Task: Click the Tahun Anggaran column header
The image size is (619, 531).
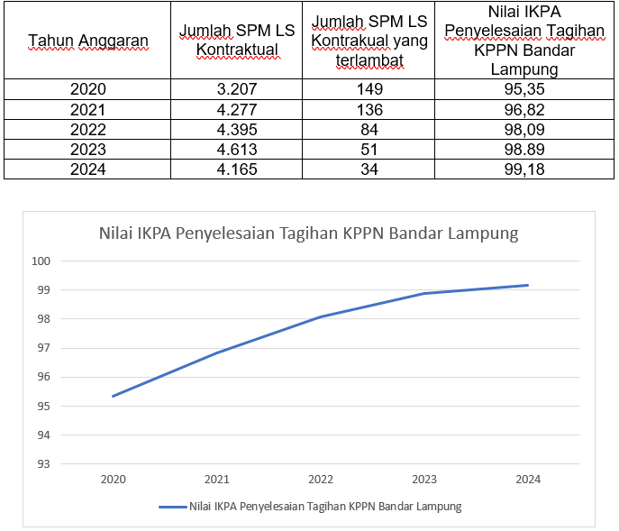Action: coord(87,41)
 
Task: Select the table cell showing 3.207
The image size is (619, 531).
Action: coord(238,89)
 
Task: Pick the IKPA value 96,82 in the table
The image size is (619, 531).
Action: coord(524,110)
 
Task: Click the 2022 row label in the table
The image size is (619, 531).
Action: coord(87,130)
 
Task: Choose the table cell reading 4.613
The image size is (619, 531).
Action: coord(238,150)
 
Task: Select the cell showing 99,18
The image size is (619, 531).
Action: coord(524,169)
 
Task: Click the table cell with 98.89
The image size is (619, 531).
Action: coord(524,150)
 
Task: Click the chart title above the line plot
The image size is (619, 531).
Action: coord(308,234)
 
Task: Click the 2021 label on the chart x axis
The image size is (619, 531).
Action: coord(216,480)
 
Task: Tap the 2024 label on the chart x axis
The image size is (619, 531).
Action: coord(528,480)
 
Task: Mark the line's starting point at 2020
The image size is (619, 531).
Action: coord(114,396)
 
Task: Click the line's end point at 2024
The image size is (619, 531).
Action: coord(528,285)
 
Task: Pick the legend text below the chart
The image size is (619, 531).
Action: coord(325,507)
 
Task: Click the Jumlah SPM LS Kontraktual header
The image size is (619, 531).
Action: coord(238,41)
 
